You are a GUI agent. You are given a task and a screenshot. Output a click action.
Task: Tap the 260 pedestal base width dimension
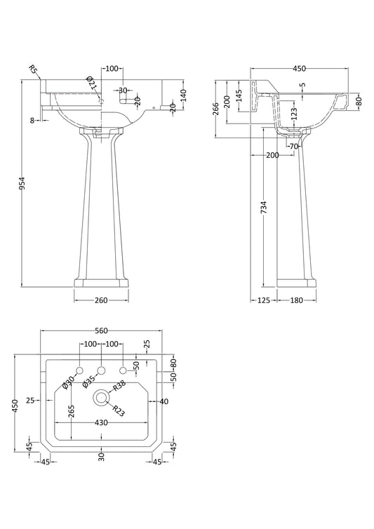(101, 300)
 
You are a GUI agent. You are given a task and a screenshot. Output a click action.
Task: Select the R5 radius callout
(34, 70)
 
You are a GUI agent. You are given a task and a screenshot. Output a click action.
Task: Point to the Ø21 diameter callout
(92, 83)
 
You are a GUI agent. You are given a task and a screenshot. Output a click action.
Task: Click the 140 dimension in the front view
(184, 95)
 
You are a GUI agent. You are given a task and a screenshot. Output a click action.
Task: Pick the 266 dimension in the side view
(216, 109)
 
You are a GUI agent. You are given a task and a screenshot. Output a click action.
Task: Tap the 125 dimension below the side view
(264, 300)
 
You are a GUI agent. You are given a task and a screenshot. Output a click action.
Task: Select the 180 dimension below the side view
(296, 300)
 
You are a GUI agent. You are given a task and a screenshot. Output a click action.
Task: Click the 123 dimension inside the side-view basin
(294, 114)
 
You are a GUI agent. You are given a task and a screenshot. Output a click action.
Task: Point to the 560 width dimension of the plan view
(101, 331)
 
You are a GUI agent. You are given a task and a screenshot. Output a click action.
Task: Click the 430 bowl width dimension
(101, 422)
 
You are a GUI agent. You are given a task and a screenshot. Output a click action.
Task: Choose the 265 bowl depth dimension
(72, 411)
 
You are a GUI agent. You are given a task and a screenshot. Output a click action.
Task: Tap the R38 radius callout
(119, 385)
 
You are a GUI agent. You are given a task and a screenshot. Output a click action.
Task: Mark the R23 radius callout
(118, 410)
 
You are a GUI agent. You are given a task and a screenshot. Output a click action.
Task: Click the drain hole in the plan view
(101, 397)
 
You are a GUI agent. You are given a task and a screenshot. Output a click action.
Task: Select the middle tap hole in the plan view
(101, 370)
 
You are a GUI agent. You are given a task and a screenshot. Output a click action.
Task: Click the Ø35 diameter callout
(89, 382)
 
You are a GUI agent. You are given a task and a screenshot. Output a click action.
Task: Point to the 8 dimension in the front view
(32, 120)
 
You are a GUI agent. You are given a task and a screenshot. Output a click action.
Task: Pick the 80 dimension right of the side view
(359, 101)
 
